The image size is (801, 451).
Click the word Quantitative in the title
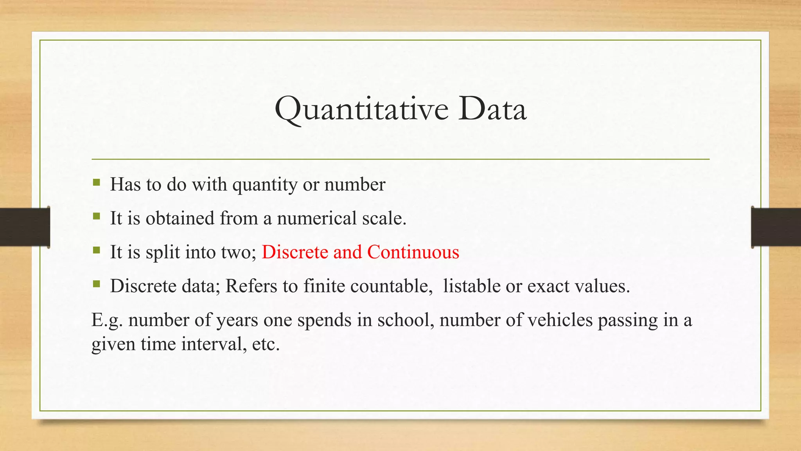pyautogui.click(x=361, y=110)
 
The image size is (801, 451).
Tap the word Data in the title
pyautogui.click(x=492, y=109)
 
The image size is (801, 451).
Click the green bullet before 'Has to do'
pyautogui.click(x=97, y=182)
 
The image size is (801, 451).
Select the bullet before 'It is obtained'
pyautogui.click(x=97, y=216)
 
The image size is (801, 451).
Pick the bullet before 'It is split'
pyautogui.click(x=97, y=250)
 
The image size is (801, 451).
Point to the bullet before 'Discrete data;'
pyautogui.click(x=97, y=284)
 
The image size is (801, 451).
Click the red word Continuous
pyautogui.click(x=413, y=252)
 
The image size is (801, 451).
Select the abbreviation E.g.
pyautogui.click(x=107, y=320)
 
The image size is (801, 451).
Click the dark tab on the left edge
pyautogui.click(x=25, y=227)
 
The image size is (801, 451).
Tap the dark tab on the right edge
pyautogui.click(x=776, y=227)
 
